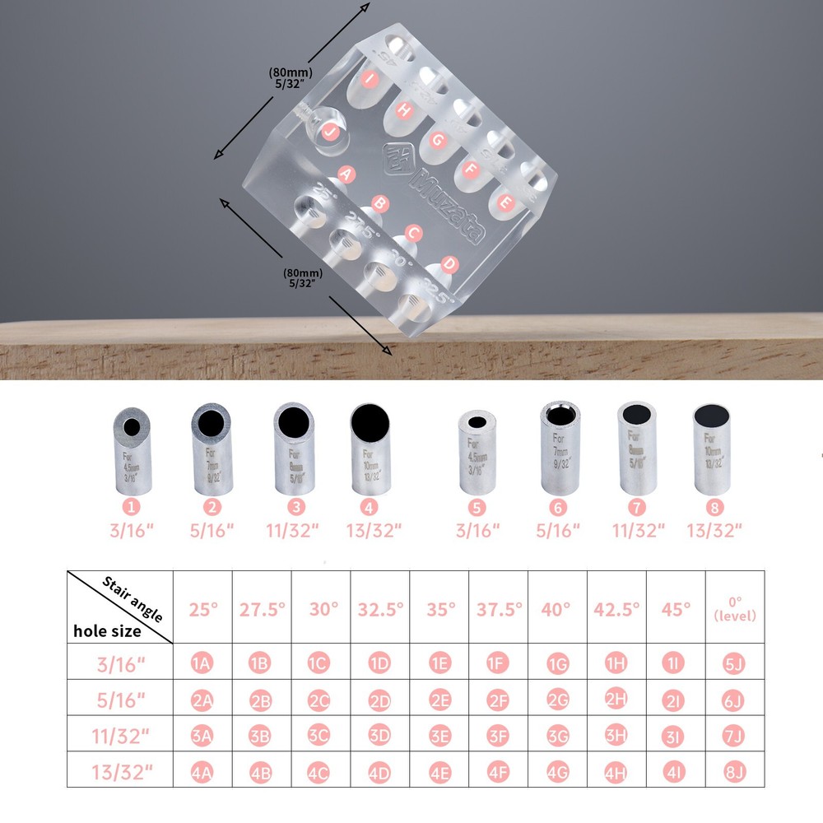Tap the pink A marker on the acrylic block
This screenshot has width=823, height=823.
(x=346, y=174)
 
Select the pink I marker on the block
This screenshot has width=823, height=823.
(x=370, y=80)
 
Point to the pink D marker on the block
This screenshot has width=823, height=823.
(x=449, y=264)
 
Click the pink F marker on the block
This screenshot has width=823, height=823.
(x=472, y=171)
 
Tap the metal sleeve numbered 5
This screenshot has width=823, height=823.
(x=477, y=453)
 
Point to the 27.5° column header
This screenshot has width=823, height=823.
(x=263, y=610)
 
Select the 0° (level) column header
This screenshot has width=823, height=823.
(x=735, y=609)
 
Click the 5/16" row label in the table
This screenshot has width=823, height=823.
(x=122, y=700)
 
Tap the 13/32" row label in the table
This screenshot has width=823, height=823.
(x=122, y=772)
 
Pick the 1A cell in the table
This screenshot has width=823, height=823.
(x=203, y=663)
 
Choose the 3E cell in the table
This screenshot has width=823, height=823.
(x=440, y=737)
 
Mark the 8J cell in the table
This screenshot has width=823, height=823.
(x=734, y=773)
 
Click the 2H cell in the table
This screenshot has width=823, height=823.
(x=616, y=699)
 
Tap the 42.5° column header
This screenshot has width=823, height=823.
(x=616, y=610)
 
